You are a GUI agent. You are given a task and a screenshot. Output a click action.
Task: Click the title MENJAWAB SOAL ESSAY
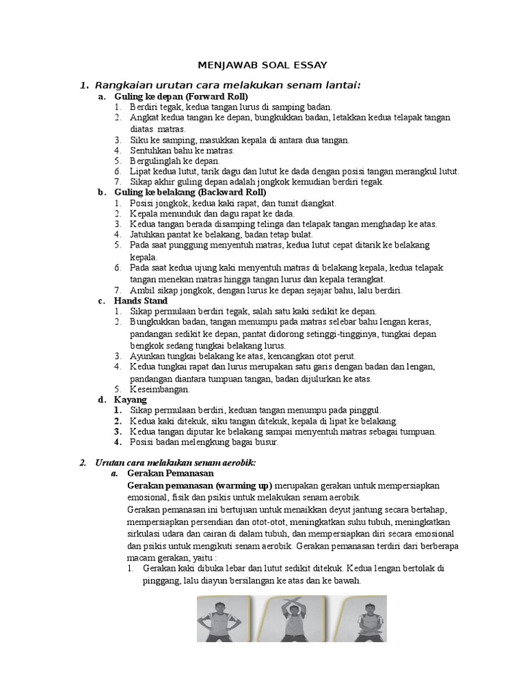pos(262,65)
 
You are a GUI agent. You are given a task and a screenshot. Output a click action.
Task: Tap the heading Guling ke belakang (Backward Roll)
pos(191,192)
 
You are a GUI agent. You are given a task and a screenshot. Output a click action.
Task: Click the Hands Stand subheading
pos(141,300)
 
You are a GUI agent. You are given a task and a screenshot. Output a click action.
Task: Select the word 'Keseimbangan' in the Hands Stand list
pos(159,389)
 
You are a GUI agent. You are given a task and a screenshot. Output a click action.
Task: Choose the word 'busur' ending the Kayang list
pos(264,442)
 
